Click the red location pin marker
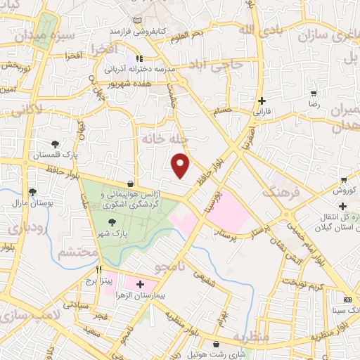181,165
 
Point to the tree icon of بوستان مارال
32,191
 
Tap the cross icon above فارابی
262,101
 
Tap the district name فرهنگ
282,189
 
